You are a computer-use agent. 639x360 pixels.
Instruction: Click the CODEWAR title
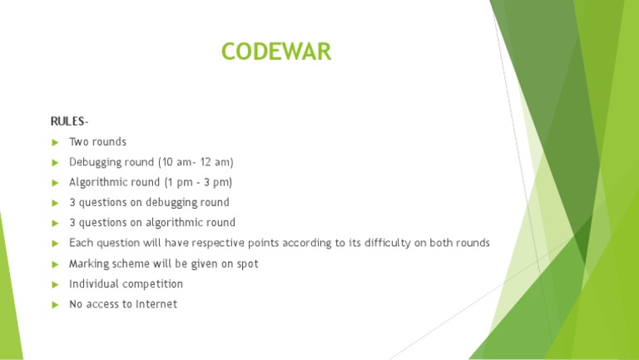coord(276,52)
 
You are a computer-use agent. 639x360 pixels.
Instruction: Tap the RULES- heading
coord(70,121)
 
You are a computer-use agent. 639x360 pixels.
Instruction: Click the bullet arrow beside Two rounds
coord(56,142)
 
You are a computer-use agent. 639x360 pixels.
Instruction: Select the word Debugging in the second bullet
coord(95,162)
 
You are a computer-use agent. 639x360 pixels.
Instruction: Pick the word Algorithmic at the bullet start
coord(95,182)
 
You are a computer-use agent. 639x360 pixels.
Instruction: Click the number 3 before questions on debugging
coord(72,202)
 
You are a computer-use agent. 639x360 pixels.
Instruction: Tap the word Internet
coord(156,304)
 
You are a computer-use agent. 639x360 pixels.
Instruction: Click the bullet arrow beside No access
coord(56,305)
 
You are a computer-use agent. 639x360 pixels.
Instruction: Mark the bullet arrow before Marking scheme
coord(56,264)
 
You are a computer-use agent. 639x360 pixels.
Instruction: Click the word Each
coord(80,243)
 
